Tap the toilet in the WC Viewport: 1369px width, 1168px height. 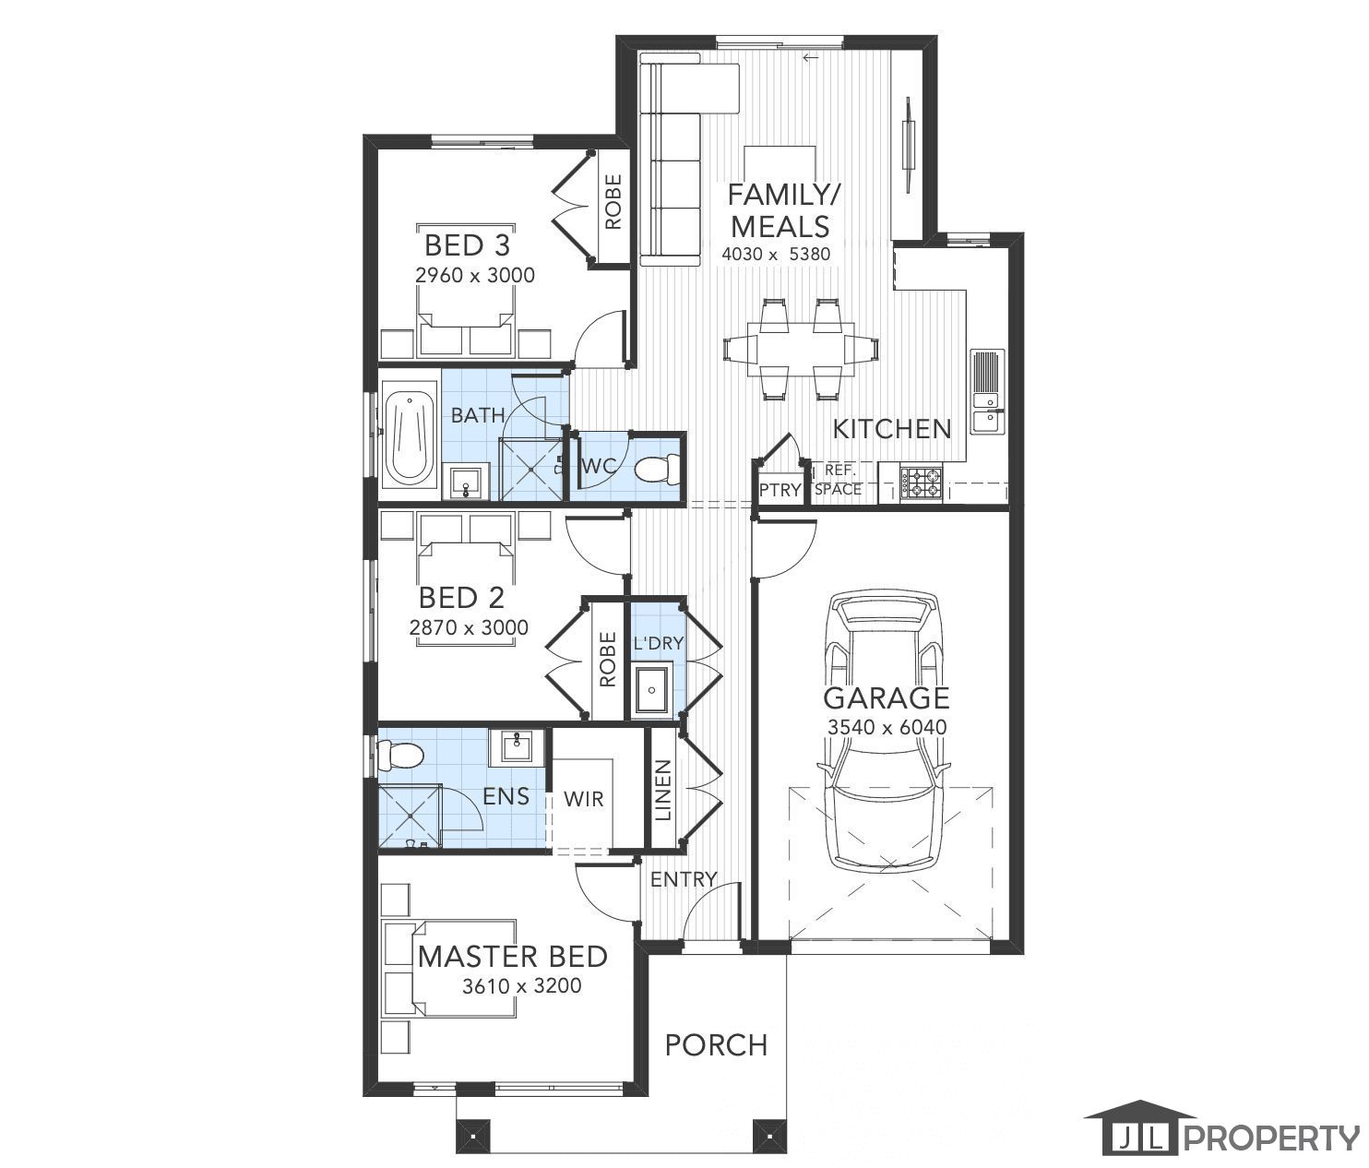click(657, 469)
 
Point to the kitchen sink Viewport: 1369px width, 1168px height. click(987, 391)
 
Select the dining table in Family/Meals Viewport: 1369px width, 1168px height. click(801, 349)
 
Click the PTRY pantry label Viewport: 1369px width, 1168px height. click(780, 490)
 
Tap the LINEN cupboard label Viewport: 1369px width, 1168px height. click(663, 791)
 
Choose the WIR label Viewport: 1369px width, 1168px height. click(584, 799)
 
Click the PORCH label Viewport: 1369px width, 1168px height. click(716, 1044)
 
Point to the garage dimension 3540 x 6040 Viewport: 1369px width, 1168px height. click(887, 727)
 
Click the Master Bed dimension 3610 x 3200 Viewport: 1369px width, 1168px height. click(522, 986)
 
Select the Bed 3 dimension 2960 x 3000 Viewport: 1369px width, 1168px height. click(475, 275)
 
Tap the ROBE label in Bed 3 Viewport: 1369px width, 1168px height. click(613, 201)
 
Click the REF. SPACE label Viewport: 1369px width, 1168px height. click(839, 481)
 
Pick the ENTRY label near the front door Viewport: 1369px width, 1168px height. click(684, 879)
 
